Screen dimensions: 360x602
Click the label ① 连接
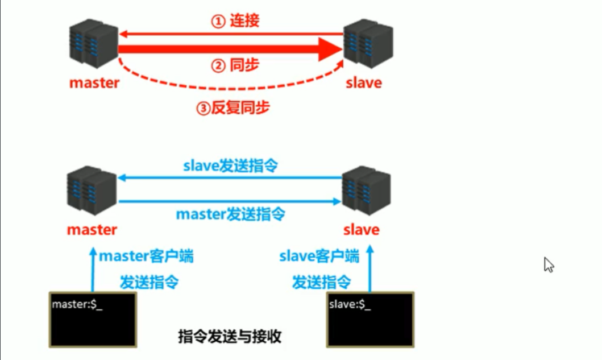236,22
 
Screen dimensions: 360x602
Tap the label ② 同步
235,66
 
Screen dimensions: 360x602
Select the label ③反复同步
233,107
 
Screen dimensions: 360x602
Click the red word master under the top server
94,83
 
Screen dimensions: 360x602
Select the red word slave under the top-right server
364,83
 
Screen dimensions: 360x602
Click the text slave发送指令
230,165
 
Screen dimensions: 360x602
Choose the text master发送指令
230,214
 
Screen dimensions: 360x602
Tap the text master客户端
146,256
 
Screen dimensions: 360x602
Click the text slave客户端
319,256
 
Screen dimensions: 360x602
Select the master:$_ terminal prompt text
77,304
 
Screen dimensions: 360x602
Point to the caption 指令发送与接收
230,337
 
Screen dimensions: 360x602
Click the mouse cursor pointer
548,264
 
